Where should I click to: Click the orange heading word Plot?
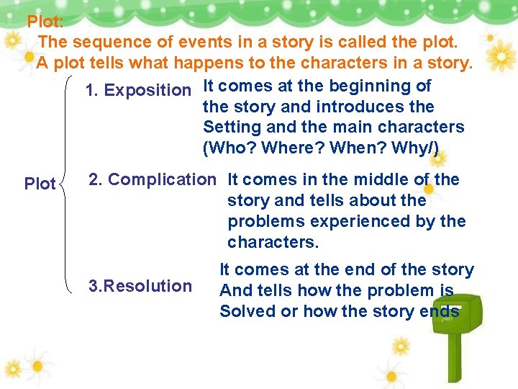click(x=45, y=22)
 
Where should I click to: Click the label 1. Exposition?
click(x=137, y=91)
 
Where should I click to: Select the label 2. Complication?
click(x=151, y=179)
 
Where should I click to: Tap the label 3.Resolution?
click(x=140, y=286)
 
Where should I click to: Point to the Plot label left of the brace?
click(x=40, y=184)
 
